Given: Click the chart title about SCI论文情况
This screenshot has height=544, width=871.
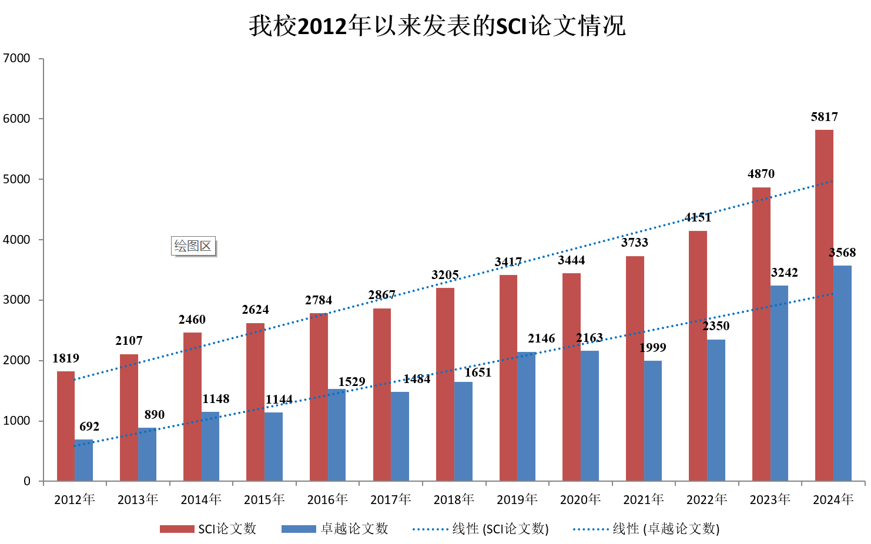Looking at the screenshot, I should pyautogui.click(x=437, y=26).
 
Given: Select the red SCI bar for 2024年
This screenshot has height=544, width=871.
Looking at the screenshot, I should pyautogui.click(x=824, y=305).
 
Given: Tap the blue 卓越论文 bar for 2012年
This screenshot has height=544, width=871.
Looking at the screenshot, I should pyautogui.click(x=84, y=460).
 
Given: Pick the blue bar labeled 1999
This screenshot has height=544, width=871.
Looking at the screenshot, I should pyautogui.click(x=653, y=421).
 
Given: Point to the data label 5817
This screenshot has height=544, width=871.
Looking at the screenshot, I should pyautogui.click(x=824, y=117).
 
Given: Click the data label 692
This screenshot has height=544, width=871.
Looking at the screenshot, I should pyautogui.click(x=89, y=427).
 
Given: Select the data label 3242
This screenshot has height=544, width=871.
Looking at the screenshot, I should pyautogui.click(x=785, y=273).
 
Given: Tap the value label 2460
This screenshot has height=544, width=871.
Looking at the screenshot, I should pyautogui.click(x=192, y=320).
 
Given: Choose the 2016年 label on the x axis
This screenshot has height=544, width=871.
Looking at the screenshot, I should pyautogui.click(x=327, y=499).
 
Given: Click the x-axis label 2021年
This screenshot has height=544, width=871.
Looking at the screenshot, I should pyautogui.click(x=644, y=499).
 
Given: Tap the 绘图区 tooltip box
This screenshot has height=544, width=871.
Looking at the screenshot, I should pyautogui.click(x=193, y=246).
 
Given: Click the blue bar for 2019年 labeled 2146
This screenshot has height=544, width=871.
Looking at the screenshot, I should pyautogui.click(x=527, y=417).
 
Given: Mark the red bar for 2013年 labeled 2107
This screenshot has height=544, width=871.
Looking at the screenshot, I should pyautogui.click(x=129, y=418).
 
